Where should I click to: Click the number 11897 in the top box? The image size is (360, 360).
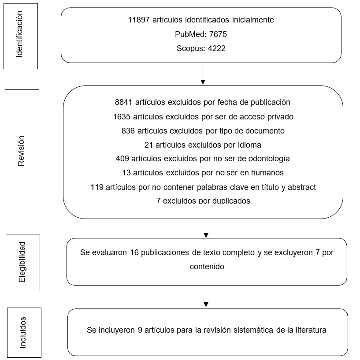[139, 20]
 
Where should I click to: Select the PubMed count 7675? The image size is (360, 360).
[218, 34]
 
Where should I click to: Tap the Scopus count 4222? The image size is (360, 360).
[216, 48]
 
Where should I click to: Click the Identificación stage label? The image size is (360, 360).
[19, 34]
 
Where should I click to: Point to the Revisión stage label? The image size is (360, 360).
[21, 151]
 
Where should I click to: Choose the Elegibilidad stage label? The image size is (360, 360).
[22, 262]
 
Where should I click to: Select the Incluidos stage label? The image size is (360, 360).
[23, 332]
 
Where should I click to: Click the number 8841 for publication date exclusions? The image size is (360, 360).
[123, 102]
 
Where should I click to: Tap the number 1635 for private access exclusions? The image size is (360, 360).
[122, 117]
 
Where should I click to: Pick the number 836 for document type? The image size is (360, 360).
[128, 131]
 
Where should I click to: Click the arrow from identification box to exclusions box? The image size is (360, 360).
[203, 74]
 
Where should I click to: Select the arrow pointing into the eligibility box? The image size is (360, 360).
[206, 228]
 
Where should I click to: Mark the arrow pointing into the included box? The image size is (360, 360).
[206, 297]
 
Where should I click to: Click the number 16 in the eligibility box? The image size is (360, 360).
[134, 252]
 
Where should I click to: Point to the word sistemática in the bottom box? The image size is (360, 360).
[253, 330]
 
